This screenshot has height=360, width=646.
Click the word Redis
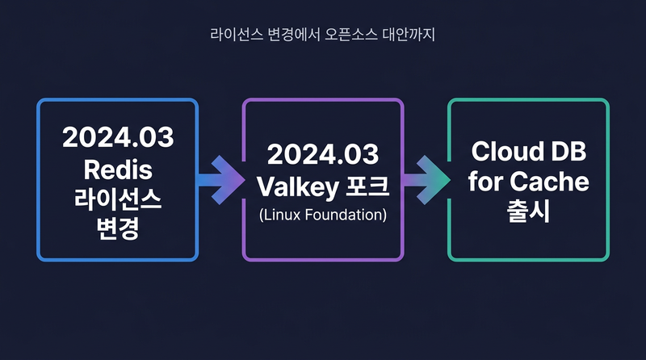click(x=118, y=170)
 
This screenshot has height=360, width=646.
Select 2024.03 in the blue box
click(x=118, y=137)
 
